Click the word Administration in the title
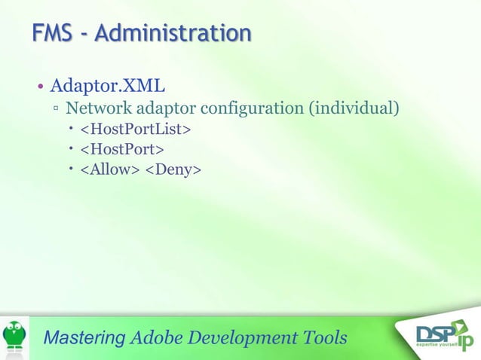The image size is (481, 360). click(173, 33)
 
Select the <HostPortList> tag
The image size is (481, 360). click(136, 130)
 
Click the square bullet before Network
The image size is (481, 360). click(57, 109)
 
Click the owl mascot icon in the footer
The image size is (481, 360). click(14, 336)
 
